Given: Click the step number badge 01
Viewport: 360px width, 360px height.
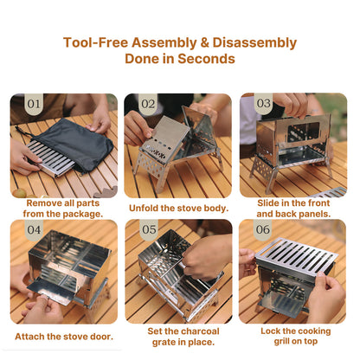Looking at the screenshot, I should [33, 105].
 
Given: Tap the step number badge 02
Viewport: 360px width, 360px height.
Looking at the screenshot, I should [148, 105].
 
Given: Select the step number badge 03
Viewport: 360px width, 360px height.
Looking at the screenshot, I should [262, 105].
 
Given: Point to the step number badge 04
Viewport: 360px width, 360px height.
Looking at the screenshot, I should [33, 230].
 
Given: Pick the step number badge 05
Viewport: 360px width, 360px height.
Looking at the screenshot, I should [148, 230].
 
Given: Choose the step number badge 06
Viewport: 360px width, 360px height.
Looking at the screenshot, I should [262, 230].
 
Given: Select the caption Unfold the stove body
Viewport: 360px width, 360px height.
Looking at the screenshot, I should [179, 208].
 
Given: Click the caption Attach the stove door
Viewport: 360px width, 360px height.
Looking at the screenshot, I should [63, 336].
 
